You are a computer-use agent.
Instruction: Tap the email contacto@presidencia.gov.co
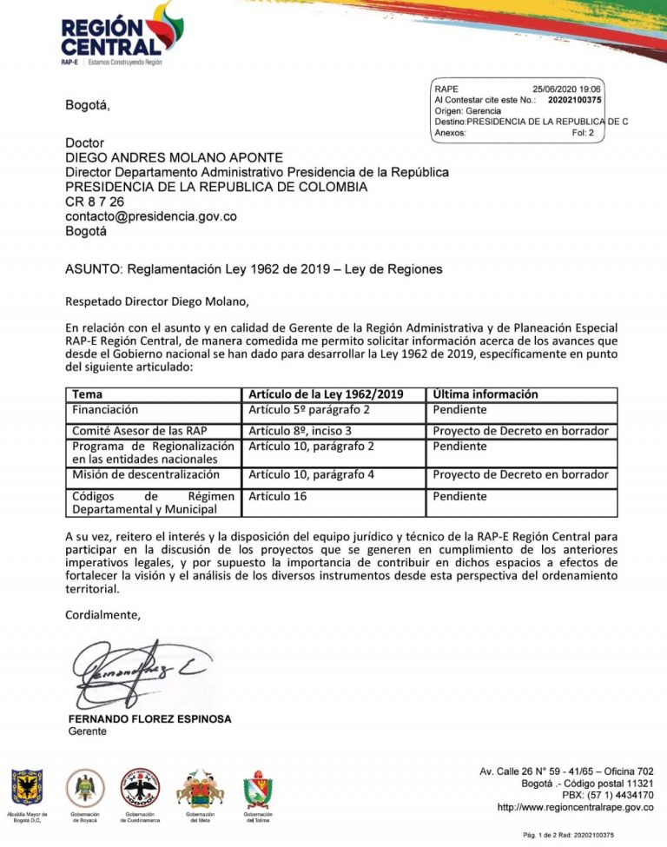tap(151, 216)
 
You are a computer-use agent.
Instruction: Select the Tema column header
tap(87, 394)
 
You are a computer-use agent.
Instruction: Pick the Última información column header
tap(485, 394)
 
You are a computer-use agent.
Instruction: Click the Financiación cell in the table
tap(105, 409)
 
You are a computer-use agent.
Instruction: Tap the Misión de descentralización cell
tap(146, 475)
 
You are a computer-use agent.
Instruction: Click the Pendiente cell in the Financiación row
tap(460, 409)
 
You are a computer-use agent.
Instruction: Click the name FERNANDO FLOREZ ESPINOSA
tap(150, 719)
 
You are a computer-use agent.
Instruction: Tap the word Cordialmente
tap(102, 615)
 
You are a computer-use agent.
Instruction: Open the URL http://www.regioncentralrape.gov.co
tap(575, 807)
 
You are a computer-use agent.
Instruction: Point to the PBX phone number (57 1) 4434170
tap(619, 795)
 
